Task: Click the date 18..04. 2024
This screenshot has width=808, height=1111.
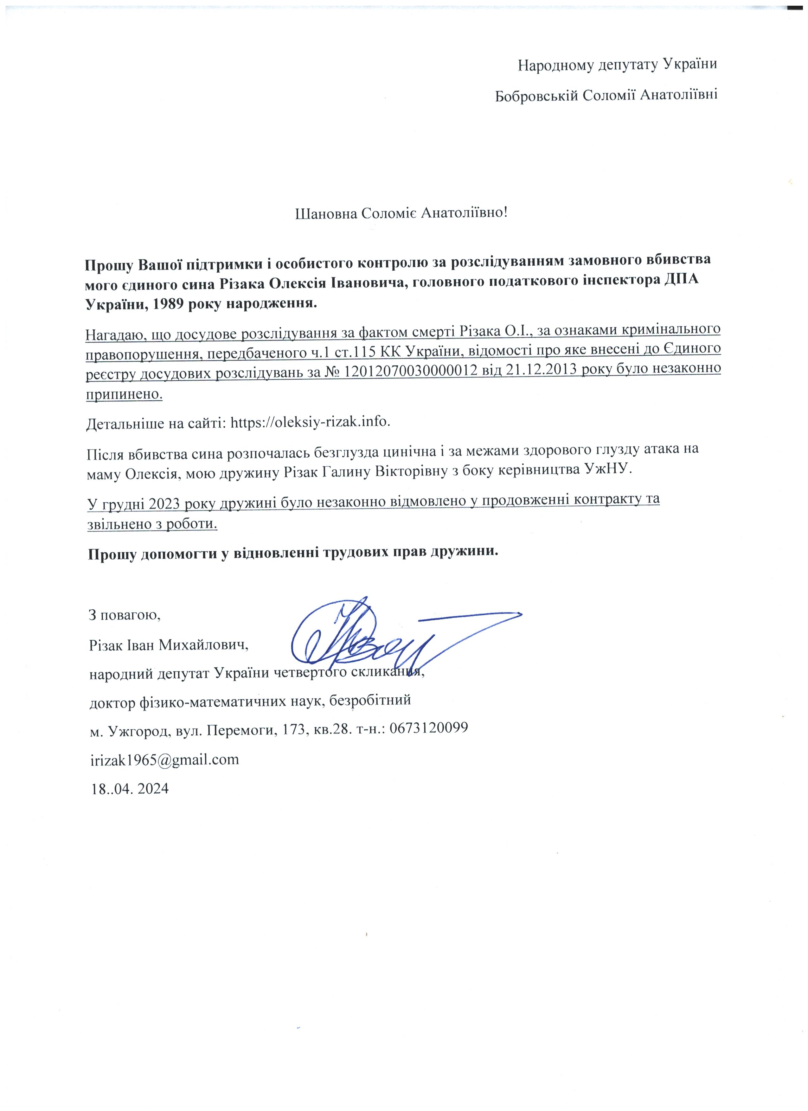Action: (129, 789)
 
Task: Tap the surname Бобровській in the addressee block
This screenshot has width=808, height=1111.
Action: (536, 95)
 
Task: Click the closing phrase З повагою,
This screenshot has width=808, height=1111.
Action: (125, 614)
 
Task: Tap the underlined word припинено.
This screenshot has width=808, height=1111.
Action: (124, 394)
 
